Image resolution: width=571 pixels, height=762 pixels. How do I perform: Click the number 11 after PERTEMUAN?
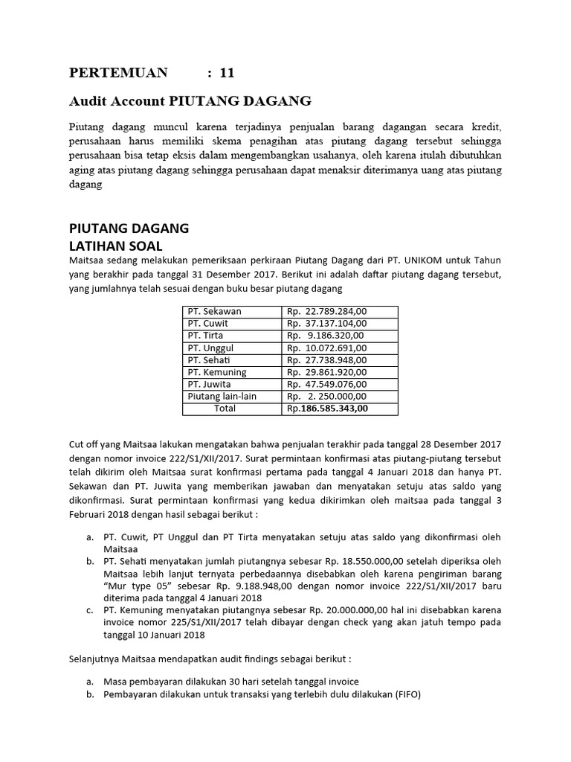227,73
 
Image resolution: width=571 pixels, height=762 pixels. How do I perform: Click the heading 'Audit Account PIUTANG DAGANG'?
190,100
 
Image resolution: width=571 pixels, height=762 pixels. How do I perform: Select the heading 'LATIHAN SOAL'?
115,246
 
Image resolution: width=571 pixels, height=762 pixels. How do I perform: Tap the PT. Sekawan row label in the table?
214,311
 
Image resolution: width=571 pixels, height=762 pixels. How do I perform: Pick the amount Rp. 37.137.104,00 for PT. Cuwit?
327,324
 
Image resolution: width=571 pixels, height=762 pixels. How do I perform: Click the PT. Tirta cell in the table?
205,336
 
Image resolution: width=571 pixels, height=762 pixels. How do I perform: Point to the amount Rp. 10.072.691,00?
327,348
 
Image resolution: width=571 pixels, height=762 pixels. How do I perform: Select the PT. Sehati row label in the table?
210,360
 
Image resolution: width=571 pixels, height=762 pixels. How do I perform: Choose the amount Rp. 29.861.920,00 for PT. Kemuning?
327,372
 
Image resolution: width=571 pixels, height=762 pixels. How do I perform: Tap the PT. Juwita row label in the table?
210,384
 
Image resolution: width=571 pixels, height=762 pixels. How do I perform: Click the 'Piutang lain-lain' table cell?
222,397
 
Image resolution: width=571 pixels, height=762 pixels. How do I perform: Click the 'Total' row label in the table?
225,409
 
